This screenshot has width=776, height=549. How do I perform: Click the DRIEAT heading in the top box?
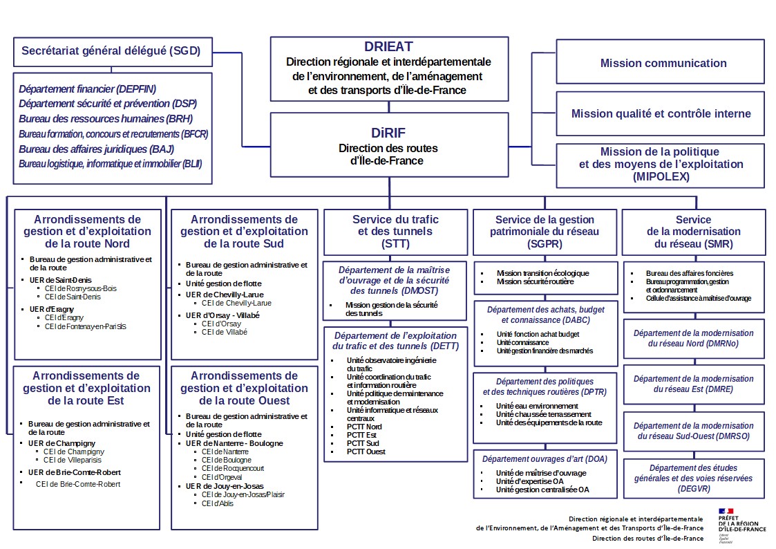pyautogui.click(x=388, y=47)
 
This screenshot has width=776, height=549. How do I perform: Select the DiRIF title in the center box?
pyautogui.click(x=388, y=133)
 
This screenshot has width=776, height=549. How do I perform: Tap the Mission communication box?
pyautogui.click(x=663, y=63)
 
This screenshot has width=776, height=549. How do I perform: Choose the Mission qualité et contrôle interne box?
pyautogui.click(x=661, y=113)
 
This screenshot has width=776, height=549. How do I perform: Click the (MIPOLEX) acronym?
pyautogui.click(x=660, y=177)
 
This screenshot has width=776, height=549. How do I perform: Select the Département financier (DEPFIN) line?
pyautogui.click(x=87, y=89)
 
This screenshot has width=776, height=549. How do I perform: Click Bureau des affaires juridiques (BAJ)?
pyautogui.click(x=96, y=149)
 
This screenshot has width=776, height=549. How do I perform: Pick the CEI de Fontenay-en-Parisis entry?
pyautogui.click(x=86, y=326)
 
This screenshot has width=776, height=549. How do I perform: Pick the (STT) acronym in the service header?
pyautogui.click(x=395, y=244)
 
